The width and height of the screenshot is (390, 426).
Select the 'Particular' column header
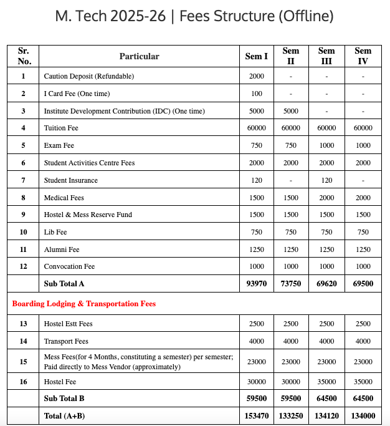[139, 56]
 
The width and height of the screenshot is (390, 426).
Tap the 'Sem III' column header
[326, 56]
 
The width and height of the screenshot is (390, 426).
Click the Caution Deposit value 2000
[256, 76]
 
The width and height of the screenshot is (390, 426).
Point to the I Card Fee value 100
[256, 94]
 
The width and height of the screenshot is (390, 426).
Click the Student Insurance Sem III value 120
[326, 180]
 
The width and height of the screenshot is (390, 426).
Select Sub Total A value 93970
[256, 284]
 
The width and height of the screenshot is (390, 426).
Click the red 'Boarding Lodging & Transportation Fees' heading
[84, 304]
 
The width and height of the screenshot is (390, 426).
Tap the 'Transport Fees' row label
[66, 341]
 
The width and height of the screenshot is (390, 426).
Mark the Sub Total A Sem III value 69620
[326, 284]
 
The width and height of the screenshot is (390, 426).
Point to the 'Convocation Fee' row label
[69, 266]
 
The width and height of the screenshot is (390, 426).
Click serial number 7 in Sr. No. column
[24, 180]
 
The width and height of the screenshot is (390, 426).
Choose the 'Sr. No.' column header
[24, 56]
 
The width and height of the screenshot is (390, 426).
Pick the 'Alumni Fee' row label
[62, 249]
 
